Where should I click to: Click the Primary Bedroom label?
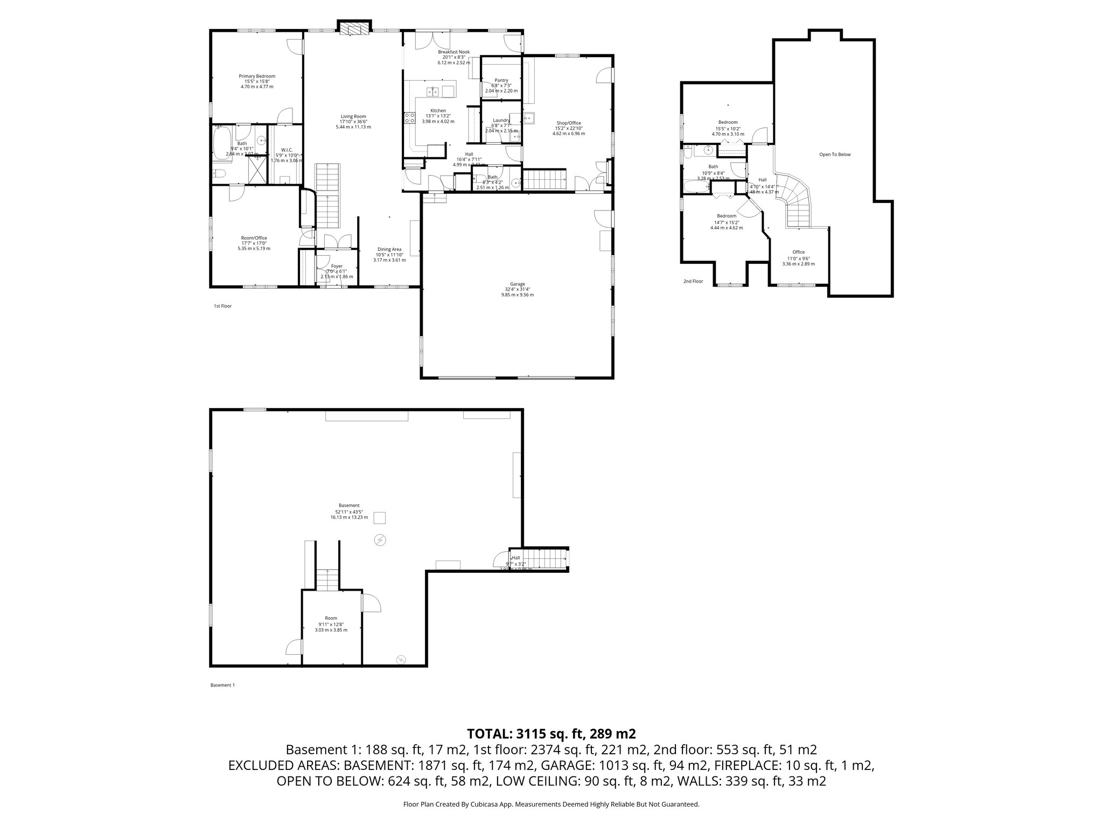pyautogui.click(x=257, y=76)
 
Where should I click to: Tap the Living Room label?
pyautogui.click(x=353, y=117)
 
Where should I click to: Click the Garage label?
pyautogui.click(x=518, y=284)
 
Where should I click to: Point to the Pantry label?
pyautogui.click(x=501, y=80)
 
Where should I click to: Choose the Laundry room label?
pyautogui.click(x=501, y=121)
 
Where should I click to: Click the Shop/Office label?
pyautogui.click(x=568, y=123)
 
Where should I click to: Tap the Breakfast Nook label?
pyautogui.click(x=453, y=52)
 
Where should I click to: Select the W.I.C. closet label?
pyautogui.click(x=287, y=150)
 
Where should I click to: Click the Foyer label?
pyautogui.click(x=337, y=266)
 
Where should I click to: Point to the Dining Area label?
pyautogui.click(x=389, y=249)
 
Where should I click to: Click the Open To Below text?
pyautogui.click(x=835, y=155)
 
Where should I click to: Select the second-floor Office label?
pyautogui.click(x=798, y=252)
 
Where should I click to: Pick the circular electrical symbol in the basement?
pyautogui.click(x=381, y=539)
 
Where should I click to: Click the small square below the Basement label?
pyautogui.click(x=380, y=518)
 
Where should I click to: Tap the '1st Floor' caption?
pyautogui.click(x=222, y=306)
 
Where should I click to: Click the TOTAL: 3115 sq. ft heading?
pyautogui.click(x=551, y=734)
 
